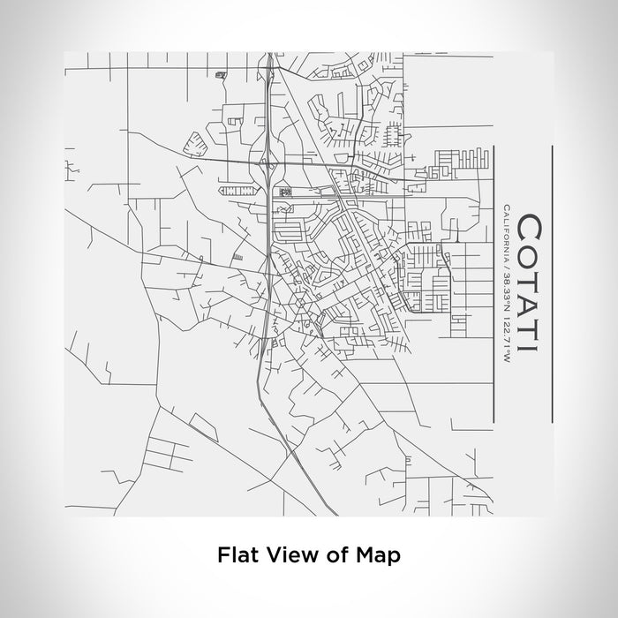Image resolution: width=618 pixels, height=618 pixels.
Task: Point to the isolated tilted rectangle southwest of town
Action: click(x=204, y=428)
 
